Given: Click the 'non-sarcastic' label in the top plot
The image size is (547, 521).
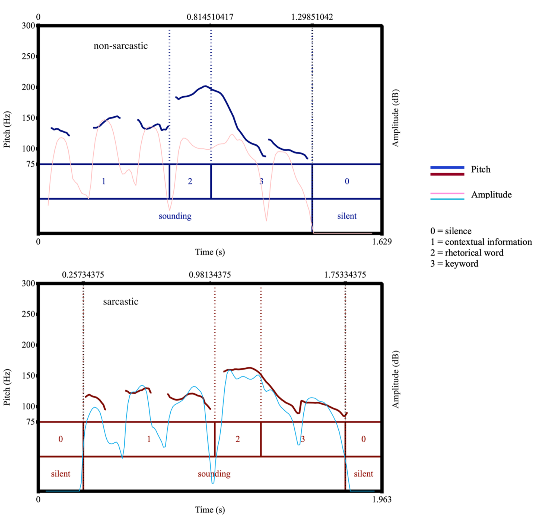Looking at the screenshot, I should coord(120,46).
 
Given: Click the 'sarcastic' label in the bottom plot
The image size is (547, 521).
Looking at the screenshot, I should coord(120,302).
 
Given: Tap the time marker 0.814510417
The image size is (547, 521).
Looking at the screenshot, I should coord(210,17).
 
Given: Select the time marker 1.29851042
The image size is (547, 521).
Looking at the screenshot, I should coord(312,17).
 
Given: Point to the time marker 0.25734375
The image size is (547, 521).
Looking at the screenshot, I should coord(83,275).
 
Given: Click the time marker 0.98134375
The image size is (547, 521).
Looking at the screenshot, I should coord(210,275).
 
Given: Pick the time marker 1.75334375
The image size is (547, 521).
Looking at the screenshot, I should coord(345,275).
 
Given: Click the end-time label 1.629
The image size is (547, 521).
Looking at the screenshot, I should coord(382,242).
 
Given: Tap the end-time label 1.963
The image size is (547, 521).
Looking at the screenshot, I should coord(382,499).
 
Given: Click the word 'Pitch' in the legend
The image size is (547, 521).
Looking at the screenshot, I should coord(480,170).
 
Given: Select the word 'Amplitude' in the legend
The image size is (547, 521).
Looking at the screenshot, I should coord(491,195).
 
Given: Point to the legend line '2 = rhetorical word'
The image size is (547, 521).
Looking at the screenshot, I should coord(467,253).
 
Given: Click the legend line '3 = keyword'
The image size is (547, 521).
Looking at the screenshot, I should coord(454,264).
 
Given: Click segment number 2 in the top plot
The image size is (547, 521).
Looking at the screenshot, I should coord(190,181).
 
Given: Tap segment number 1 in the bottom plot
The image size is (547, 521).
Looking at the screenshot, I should coord(149,439).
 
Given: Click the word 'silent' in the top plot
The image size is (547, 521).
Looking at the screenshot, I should coord(347,216).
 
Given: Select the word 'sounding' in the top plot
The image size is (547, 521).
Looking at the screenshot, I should coord(175,216).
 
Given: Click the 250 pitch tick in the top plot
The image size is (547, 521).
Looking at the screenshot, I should coord(28,56).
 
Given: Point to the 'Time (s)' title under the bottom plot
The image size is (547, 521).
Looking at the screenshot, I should coord(210,510).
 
